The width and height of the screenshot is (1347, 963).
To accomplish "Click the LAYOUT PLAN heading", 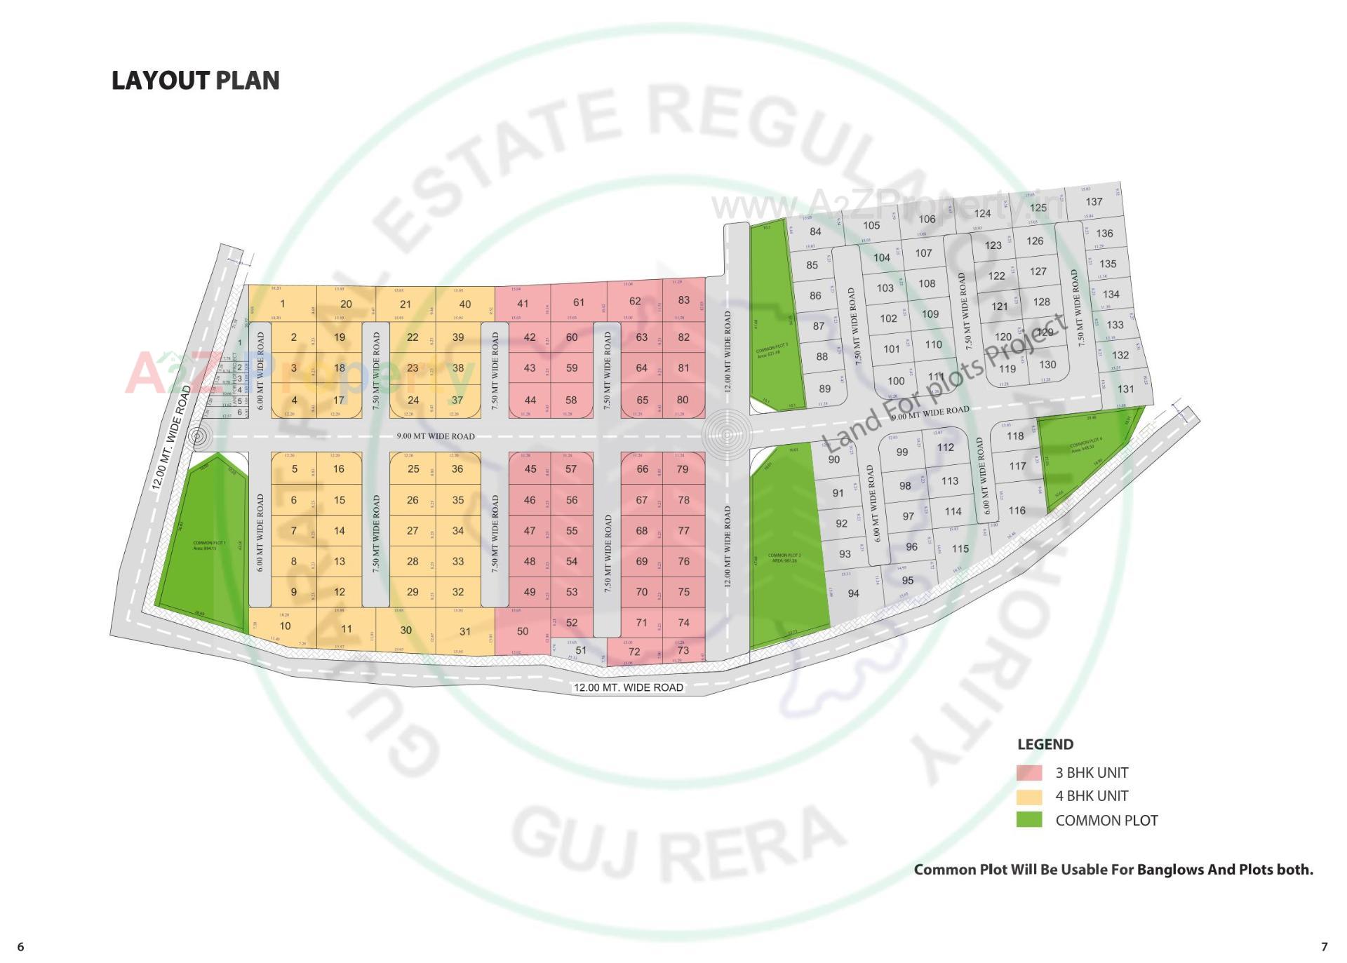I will click(195, 81).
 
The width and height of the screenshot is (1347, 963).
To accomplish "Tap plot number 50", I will click(523, 631).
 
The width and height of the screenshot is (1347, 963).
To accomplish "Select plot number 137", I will click(1094, 202).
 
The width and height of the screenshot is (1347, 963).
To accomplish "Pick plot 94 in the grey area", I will click(853, 593).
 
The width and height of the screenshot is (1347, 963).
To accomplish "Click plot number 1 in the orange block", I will click(283, 304).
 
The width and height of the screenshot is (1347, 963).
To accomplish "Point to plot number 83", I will click(684, 300).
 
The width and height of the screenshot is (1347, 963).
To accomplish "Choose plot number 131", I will click(1125, 389).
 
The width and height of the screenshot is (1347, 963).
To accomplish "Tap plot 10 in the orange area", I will click(285, 626).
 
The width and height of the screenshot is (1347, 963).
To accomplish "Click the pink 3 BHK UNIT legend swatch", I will click(1029, 772).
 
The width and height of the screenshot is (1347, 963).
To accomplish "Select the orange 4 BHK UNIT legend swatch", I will click(1029, 796).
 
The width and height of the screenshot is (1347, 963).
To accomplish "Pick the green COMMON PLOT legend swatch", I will click(1029, 820).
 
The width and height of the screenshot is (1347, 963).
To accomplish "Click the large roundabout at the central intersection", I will click(728, 436).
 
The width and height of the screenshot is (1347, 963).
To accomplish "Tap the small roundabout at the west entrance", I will click(199, 436).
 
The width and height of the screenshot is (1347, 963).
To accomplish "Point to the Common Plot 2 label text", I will click(784, 557).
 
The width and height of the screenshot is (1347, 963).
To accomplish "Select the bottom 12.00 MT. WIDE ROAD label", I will click(629, 687).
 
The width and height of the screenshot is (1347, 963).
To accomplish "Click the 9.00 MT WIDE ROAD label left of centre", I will click(436, 436).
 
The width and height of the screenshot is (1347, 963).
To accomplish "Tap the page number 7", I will click(1324, 947).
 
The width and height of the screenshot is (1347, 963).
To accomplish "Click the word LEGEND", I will click(1045, 744).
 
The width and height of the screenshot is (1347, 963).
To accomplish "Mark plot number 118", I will click(1015, 436).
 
